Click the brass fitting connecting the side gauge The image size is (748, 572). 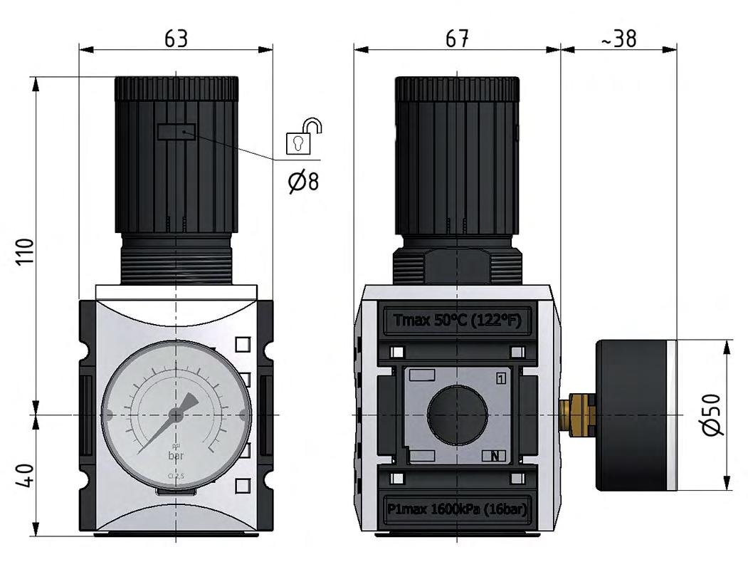[576, 414]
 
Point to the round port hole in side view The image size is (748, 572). [458, 414]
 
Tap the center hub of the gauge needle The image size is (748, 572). [175, 414]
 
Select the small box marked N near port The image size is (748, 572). [495, 457]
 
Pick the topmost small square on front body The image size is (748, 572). [243, 344]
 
